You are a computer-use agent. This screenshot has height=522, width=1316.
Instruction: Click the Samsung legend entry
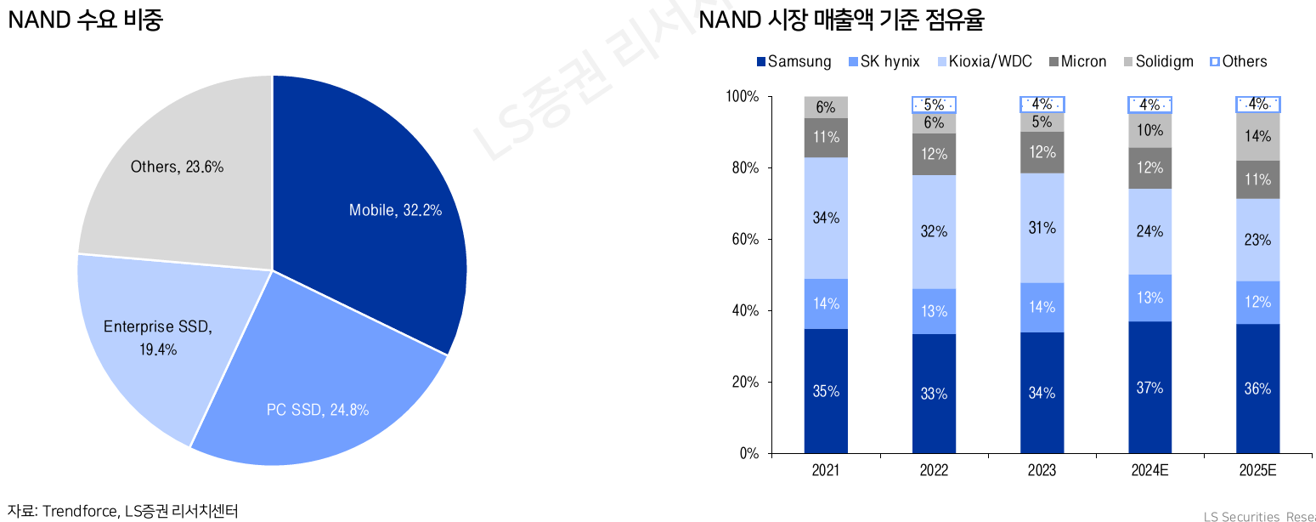(794, 61)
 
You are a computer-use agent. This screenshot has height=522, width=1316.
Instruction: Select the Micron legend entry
(1077, 61)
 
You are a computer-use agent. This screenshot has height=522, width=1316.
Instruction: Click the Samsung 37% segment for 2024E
(1149, 388)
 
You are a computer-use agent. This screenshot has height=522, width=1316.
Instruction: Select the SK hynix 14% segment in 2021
(826, 304)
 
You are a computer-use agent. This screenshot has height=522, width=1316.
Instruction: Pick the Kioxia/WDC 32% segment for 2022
(934, 231)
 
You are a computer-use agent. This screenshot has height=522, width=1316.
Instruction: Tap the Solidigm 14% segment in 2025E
(1257, 136)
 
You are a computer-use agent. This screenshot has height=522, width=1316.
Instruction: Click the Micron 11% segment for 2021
(826, 137)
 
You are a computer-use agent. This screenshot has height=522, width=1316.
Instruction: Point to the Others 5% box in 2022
(934, 105)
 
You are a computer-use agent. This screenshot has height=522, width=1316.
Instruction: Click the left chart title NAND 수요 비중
(85, 20)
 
